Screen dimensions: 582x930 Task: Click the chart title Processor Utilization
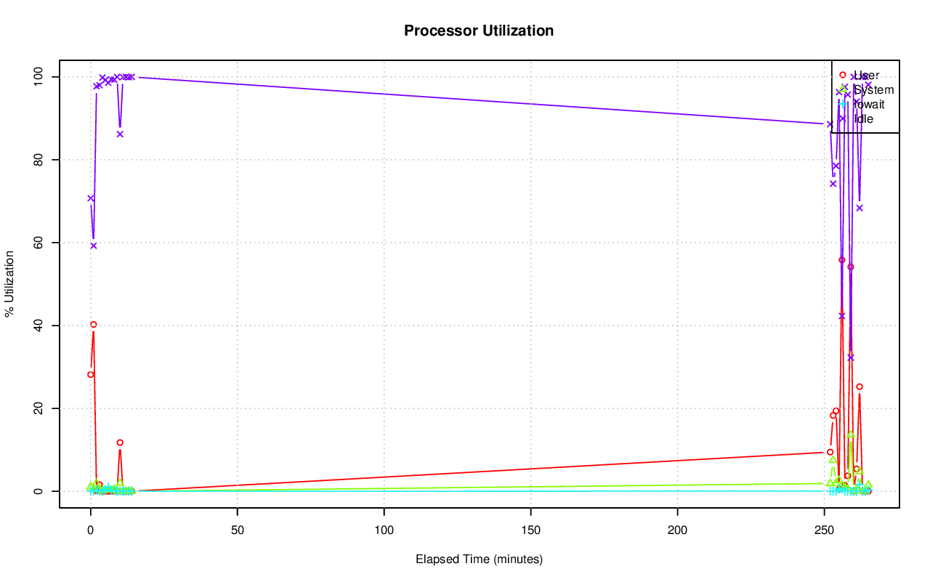pos(479,31)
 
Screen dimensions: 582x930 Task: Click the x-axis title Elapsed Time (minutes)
pos(479,559)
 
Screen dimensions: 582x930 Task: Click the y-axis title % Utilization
pos(10,283)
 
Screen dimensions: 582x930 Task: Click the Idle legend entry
pos(863,119)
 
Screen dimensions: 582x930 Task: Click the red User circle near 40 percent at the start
pos(93,325)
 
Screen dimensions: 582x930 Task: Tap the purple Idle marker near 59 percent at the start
pos(93,246)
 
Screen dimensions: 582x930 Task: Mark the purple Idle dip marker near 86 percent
pos(120,134)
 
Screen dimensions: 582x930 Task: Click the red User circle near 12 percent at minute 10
pos(120,442)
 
